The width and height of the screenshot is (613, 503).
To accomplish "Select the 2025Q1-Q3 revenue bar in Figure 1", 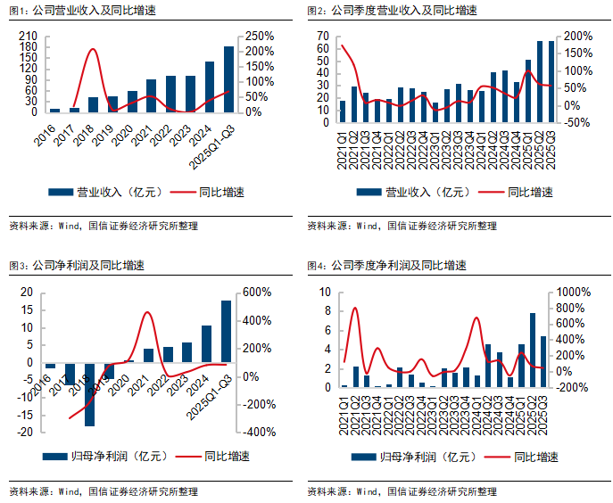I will (x=228, y=79).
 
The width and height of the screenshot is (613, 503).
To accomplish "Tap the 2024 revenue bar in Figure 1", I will (x=210, y=87).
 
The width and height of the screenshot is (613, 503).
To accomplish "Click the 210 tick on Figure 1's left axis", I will (x=27, y=36).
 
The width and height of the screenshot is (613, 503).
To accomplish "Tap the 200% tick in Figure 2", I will (x=577, y=36).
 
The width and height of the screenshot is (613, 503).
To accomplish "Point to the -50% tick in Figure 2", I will (x=577, y=122).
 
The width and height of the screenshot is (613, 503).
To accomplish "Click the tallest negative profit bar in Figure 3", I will (x=90, y=394).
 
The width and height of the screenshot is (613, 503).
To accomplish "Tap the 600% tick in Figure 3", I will (x=257, y=293).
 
